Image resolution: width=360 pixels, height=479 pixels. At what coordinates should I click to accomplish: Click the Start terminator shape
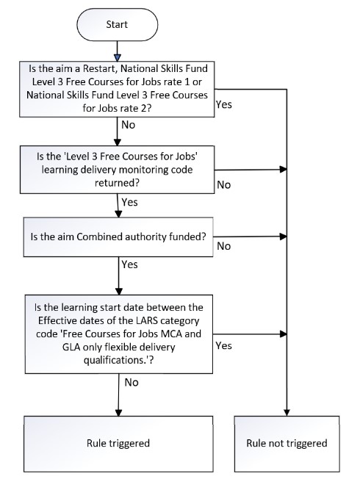pos(118,25)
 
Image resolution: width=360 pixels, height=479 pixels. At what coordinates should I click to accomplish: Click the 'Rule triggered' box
pos(118,444)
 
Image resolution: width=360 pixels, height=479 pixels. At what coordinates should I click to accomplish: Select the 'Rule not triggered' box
pos(287,444)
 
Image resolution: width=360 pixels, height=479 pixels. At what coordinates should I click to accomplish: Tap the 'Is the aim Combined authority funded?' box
pos(118,237)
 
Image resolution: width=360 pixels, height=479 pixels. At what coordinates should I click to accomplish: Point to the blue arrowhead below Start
pos(118,58)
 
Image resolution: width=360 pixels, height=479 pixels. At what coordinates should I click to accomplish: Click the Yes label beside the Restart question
pos(223,104)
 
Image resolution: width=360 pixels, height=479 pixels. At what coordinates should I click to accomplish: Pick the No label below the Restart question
pos(129,125)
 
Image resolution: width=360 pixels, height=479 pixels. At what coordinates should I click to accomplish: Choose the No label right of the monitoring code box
pos(223,185)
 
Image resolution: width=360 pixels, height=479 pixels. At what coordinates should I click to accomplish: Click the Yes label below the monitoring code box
pos(129,202)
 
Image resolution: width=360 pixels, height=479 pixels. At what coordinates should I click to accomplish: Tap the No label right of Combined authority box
pos(223,246)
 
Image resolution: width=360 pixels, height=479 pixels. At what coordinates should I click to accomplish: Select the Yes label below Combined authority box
pos(129,264)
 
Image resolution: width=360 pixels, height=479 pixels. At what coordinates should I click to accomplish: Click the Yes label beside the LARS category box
pos(223,346)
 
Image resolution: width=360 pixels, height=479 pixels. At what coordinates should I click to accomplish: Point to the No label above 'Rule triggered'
pos(132,383)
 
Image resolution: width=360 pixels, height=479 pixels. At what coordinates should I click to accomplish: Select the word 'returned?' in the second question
pos(117,183)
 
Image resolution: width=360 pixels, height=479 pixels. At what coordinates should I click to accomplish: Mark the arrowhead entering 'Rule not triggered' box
pos(287,412)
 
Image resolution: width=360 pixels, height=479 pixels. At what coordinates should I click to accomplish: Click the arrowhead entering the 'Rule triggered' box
pos(118,412)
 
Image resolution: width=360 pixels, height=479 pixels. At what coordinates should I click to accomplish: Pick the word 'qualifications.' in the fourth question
pos(115,361)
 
